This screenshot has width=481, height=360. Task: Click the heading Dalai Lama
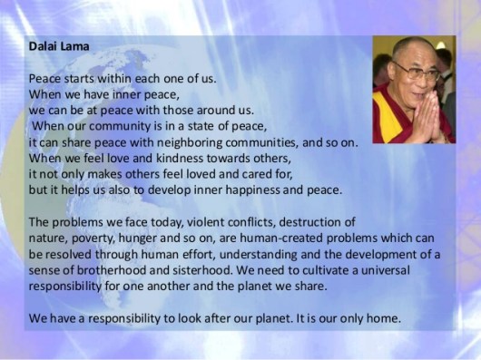click(54, 50)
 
